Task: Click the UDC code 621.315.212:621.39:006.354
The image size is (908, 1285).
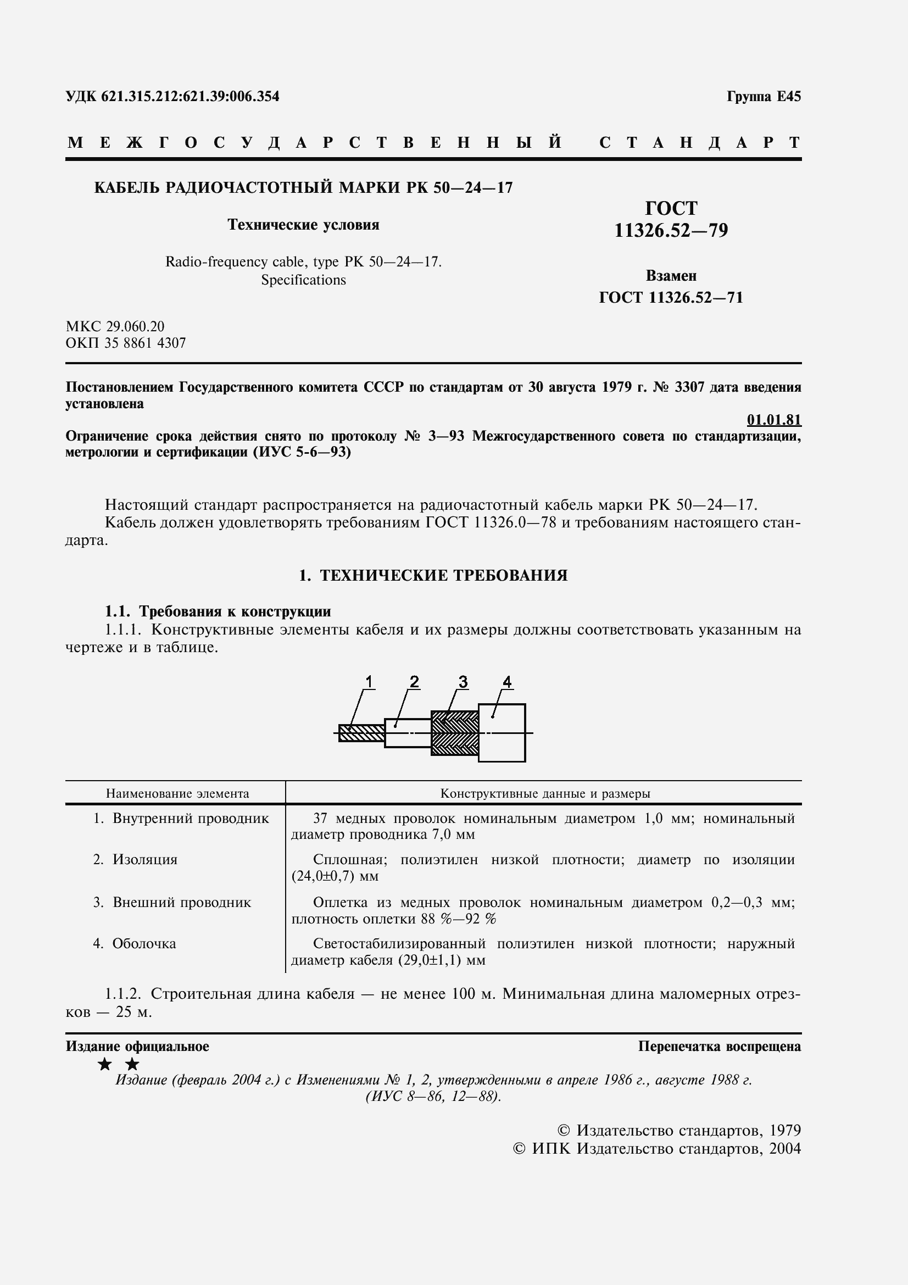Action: coord(190,97)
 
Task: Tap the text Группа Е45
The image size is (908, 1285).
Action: coord(764,97)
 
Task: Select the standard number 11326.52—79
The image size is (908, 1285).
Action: coord(671,231)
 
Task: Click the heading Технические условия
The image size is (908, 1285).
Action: coord(303,225)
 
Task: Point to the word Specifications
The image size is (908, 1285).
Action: coord(303,280)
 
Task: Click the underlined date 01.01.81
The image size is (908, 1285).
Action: coord(774,420)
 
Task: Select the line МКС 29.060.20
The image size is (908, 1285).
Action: coord(115,326)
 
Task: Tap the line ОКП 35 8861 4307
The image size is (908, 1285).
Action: coord(125,343)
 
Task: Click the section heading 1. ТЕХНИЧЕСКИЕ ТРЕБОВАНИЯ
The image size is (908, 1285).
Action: coord(433,575)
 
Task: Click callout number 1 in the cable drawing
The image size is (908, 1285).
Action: coord(369,682)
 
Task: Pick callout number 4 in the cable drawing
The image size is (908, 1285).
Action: coord(507,682)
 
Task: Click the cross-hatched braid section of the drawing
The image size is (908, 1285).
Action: coord(454,733)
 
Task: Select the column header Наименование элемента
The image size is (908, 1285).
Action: coord(177,794)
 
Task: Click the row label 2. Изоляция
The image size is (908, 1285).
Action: coord(135,860)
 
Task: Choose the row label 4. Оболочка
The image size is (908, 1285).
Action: coord(134,944)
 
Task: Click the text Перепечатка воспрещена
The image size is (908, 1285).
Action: coord(720,1047)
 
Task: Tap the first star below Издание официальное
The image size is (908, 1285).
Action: coord(104,1064)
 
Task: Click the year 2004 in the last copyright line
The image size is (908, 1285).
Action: coord(785,1149)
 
